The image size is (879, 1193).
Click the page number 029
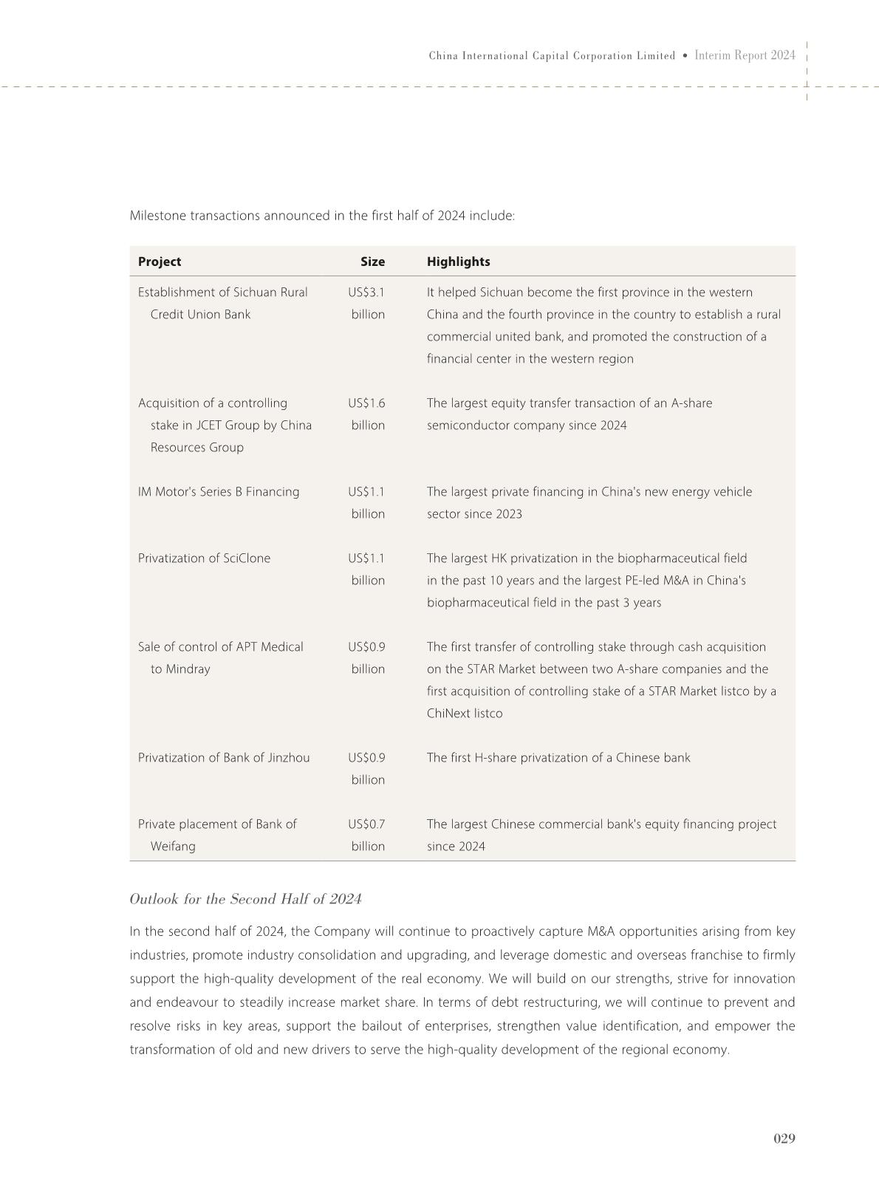784,1138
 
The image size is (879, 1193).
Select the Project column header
159,261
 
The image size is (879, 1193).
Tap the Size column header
372,261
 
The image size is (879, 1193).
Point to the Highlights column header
458,261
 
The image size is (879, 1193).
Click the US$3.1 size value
366,293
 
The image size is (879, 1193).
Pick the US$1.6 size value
366,403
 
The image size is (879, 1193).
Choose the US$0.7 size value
366,824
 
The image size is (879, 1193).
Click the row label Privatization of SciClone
204,558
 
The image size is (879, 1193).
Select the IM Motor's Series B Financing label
219,492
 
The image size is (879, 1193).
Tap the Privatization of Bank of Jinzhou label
224,758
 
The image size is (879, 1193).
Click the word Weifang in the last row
173,847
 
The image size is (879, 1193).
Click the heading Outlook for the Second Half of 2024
245,899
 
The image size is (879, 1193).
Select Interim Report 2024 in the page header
745,55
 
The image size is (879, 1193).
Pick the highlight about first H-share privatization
558,758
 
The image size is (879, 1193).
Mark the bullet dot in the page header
685,56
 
